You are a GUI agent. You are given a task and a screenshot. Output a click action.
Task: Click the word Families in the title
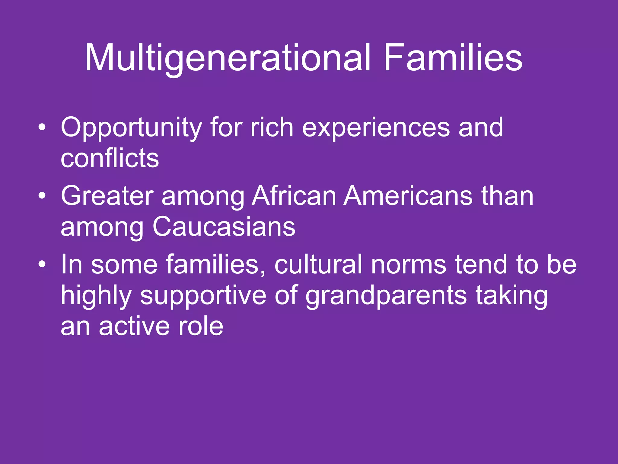[x=453, y=58]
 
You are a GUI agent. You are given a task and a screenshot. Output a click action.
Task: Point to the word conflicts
[x=110, y=158]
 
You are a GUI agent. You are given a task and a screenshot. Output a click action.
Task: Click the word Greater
[x=107, y=196]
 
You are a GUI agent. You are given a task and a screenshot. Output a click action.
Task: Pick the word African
[x=294, y=196]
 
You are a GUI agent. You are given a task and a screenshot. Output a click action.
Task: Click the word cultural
[x=318, y=265]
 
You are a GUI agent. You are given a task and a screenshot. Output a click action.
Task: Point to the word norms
[x=409, y=265]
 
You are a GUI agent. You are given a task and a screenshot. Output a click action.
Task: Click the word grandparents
[x=386, y=295]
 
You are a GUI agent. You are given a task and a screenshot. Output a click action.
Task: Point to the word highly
[x=96, y=295]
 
